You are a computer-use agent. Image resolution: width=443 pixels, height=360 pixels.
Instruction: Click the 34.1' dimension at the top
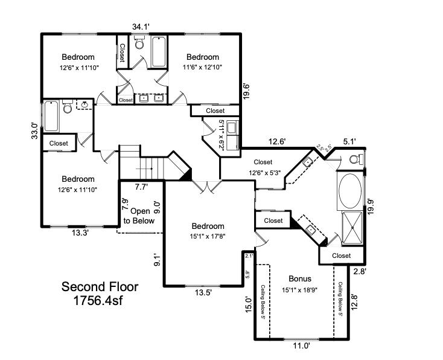[141, 26]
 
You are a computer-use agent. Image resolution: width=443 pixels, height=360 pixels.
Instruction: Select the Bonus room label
[299, 279]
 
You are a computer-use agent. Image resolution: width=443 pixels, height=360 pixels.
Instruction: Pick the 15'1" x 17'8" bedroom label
[208, 232]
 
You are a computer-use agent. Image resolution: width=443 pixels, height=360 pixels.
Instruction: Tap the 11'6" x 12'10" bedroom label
[202, 62]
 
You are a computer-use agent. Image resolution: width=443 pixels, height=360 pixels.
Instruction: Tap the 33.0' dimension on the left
[34, 131]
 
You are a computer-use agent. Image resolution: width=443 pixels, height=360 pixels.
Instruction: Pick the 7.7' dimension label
[141, 188]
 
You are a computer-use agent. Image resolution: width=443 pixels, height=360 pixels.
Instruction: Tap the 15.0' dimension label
[246, 303]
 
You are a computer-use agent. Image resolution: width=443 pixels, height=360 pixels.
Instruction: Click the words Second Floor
[100, 286]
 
